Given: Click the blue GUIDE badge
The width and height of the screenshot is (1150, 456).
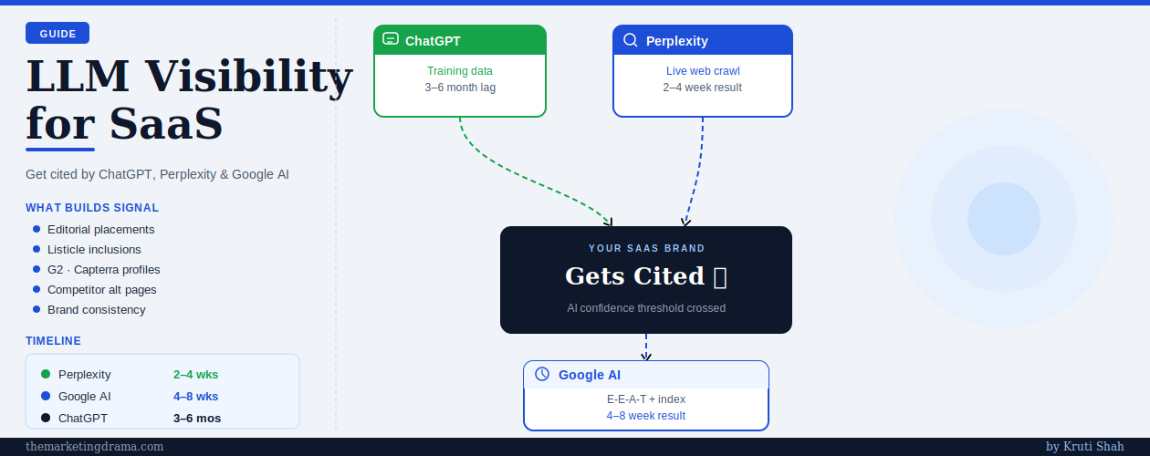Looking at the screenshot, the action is click(57, 33).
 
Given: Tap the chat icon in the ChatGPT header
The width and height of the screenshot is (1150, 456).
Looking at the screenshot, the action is click(391, 39).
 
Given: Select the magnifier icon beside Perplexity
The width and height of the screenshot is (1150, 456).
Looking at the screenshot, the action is click(631, 40).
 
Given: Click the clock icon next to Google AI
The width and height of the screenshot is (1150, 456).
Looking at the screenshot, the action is click(542, 374).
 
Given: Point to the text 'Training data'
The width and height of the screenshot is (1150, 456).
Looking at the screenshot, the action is click(459, 71).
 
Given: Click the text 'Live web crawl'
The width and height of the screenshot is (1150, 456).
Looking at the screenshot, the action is click(703, 71).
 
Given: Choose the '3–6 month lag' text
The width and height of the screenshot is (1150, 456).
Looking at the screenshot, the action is click(460, 88).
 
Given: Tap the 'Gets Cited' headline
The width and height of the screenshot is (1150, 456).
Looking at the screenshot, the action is click(634, 276).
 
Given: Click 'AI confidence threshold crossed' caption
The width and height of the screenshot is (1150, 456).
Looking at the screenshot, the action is click(646, 307).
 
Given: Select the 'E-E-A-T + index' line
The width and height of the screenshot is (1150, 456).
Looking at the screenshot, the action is click(646, 399).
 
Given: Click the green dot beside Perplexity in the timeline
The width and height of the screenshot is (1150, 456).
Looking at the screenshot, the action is click(46, 374).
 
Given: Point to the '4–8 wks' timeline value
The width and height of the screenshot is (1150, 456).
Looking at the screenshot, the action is click(195, 396).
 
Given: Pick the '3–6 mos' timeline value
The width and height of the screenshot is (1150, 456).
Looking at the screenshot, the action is click(197, 418).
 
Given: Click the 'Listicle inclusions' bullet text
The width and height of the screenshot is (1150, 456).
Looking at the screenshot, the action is click(94, 249).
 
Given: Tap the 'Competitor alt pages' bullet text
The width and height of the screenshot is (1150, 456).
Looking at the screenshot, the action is click(101, 290).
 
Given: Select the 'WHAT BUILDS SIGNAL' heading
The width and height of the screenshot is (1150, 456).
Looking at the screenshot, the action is click(92, 208).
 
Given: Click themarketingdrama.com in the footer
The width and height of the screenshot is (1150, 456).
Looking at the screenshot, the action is click(95, 446).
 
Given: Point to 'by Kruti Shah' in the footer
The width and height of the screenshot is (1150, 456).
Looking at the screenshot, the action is click(1085, 446).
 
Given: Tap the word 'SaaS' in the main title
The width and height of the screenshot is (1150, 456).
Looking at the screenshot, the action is click(166, 124).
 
